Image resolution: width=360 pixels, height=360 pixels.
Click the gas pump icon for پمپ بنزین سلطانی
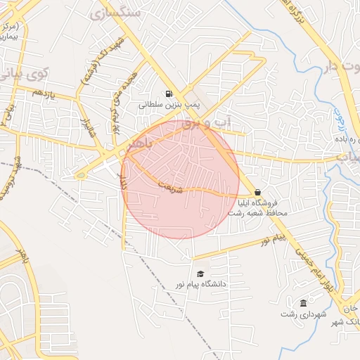[x=168, y=94]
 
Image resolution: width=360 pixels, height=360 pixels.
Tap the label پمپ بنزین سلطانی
[x=168, y=105]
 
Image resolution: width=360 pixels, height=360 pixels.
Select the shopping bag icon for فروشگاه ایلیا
[x=257, y=191]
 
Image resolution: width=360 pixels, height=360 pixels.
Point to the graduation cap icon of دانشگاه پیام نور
[x=200, y=274]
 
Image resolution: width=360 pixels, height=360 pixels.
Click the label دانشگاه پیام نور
[x=202, y=285]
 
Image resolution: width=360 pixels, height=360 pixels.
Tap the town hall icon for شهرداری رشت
[x=303, y=303]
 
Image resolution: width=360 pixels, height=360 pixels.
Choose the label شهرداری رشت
[x=303, y=314]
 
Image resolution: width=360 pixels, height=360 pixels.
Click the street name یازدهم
[x=43, y=93]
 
